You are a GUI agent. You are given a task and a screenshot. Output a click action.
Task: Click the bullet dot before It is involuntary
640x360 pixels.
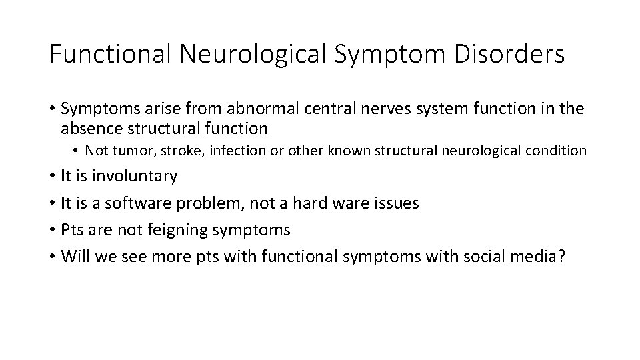(x=52, y=177)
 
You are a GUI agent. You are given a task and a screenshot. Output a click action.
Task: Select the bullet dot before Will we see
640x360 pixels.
(x=52, y=257)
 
